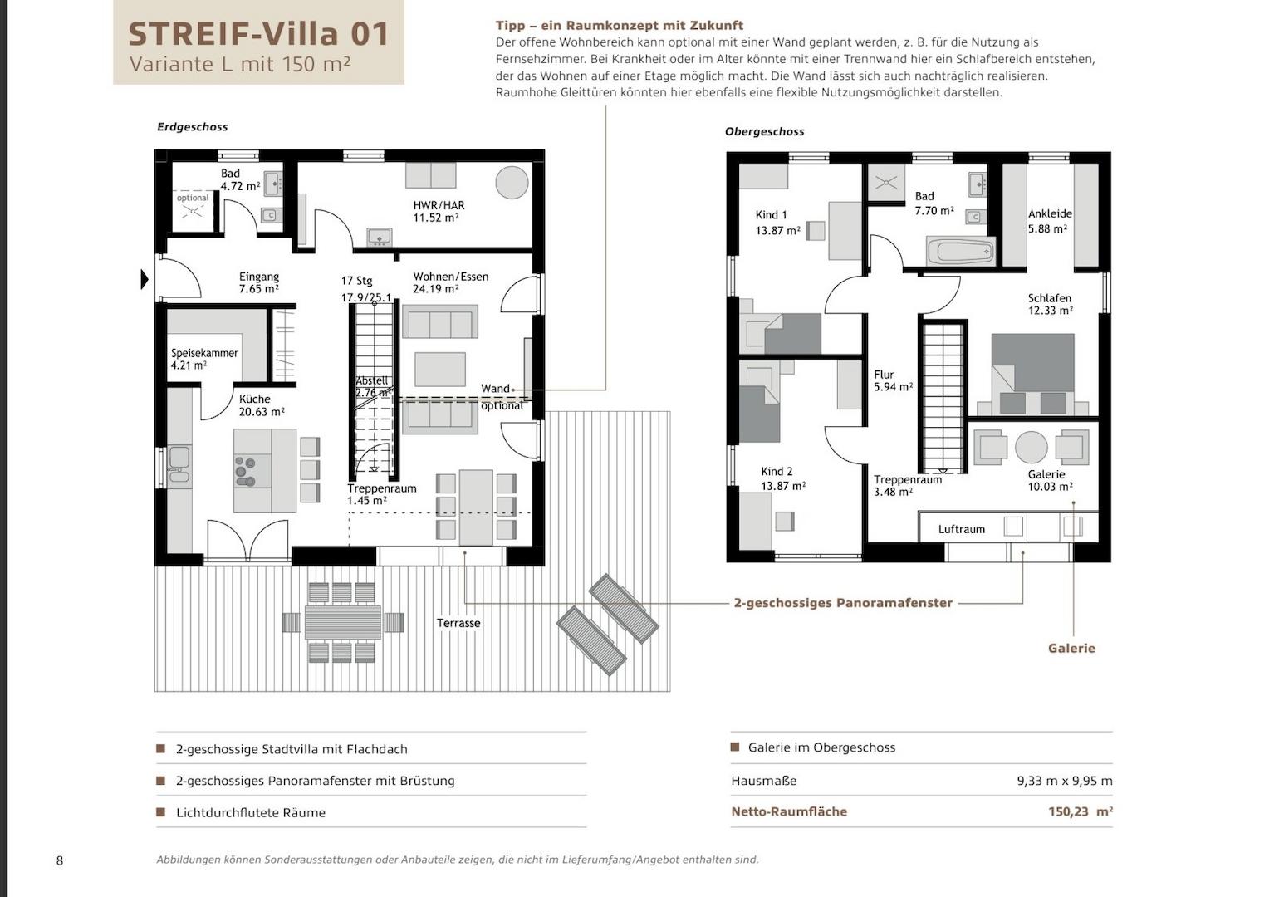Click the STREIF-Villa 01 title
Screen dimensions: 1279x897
tap(258, 34)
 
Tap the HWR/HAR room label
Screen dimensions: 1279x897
tap(439, 205)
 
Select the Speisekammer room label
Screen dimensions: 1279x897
tap(204, 353)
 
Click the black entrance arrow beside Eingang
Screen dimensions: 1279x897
tap(145, 279)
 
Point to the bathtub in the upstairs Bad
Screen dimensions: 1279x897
tap(961, 251)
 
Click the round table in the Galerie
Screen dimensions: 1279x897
tap(1032, 447)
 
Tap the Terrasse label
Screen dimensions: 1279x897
tap(458, 623)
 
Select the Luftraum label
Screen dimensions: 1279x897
tap(962, 529)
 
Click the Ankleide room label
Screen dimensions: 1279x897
tap(1050, 213)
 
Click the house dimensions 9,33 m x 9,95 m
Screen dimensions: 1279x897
tap(1065, 781)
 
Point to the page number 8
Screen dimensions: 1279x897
tap(60, 860)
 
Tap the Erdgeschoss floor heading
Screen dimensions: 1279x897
tap(193, 127)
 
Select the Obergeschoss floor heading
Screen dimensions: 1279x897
tap(765, 131)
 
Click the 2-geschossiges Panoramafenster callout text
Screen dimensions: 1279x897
tap(843, 603)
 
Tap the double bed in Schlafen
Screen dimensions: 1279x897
tap(1032, 374)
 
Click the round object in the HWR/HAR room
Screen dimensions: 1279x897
tap(512, 182)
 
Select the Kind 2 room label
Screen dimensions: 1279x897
tap(777, 472)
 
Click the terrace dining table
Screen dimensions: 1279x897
tap(342, 622)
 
